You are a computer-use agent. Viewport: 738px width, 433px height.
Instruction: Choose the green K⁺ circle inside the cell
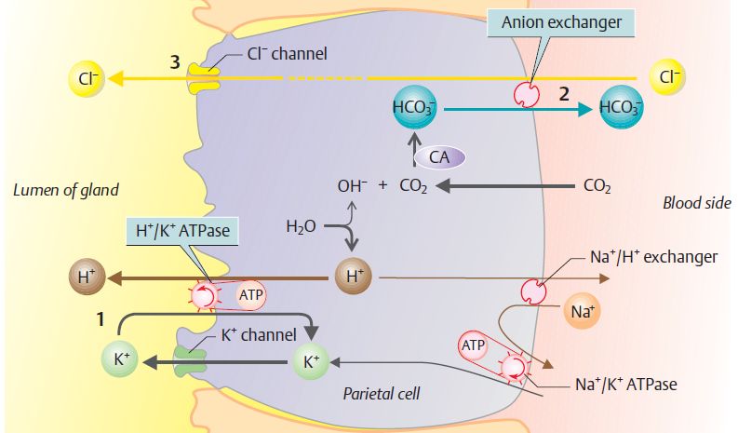[312, 360]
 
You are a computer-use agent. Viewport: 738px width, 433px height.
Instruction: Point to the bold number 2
[562, 93]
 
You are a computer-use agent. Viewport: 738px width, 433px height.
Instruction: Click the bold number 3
[174, 62]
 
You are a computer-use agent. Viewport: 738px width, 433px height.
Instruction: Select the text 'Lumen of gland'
[65, 191]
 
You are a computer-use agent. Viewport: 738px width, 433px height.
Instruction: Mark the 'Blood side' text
[696, 202]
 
